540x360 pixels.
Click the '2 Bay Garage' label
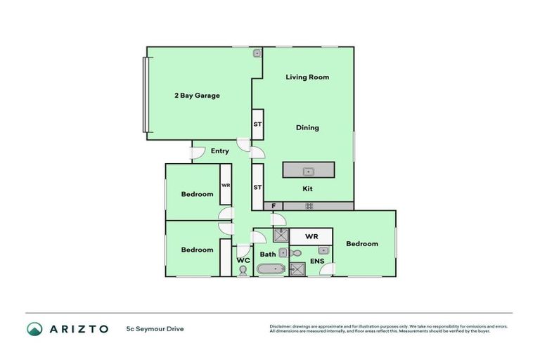[x=198, y=96]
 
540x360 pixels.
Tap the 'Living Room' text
[x=307, y=77]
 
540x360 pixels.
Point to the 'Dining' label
[x=307, y=128]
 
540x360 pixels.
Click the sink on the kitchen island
[x=308, y=171]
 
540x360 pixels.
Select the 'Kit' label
[x=307, y=188]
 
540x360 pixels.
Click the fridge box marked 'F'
[x=274, y=206]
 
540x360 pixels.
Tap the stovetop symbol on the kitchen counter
[x=309, y=206]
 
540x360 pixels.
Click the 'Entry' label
[x=219, y=150]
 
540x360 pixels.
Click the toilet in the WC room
[x=243, y=269]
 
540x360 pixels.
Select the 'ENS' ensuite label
[x=317, y=261]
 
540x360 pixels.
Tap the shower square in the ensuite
[x=297, y=269]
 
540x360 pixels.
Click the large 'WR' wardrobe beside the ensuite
[x=311, y=236]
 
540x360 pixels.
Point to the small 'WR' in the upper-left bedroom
[x=226, y=185]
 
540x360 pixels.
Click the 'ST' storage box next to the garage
[x=257, y=124]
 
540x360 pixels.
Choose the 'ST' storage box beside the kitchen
[x=257, y=187]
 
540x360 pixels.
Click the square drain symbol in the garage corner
[x=257, y=53]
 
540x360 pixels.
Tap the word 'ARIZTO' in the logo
[x=77, y=328]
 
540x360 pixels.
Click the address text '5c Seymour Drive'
[x=155, y=328]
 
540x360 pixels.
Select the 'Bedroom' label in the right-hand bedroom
[x=362, y=244]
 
